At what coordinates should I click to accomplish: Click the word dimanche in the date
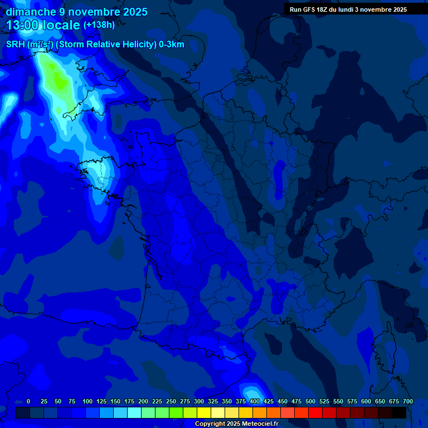[x=30, y=12]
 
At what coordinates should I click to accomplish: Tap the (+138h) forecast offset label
[x=99, y=25]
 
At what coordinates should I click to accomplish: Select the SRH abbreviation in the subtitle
[x=15, y=45]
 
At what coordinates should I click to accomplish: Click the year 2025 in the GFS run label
[x=397, y=9]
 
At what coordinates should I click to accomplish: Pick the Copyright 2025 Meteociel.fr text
[x=236, y=424]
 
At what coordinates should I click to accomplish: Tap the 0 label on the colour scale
[x=28, y=401]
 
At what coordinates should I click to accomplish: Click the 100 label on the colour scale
[x=87, y=401]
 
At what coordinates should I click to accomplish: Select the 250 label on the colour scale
[x=171, y=401]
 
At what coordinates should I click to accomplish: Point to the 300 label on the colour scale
[x=199, y=401]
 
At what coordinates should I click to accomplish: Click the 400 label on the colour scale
[x=255, y=401]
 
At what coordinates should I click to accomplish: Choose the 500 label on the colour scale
[x=310, y=401]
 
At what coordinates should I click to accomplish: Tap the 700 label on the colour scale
[x=407, y=401]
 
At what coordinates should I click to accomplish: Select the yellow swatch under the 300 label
[x=204, y=413]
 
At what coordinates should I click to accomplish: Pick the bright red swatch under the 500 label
[x=315, y=413]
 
